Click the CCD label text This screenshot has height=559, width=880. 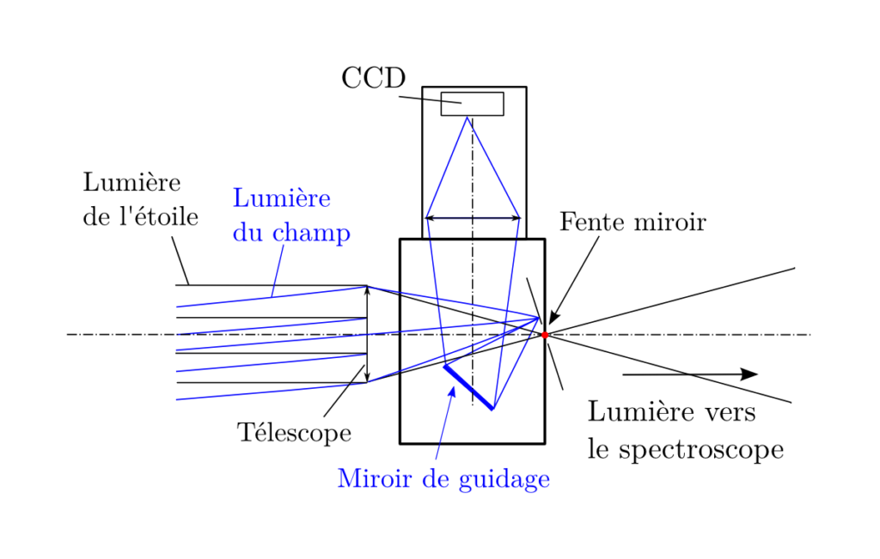pos(373,78)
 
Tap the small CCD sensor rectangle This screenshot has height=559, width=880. pos(472,103)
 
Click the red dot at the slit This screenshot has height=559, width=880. pos(544,335)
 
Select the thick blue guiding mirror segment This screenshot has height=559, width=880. pos(468,387)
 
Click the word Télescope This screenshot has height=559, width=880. pos(295,433)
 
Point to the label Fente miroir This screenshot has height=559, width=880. pos(632,222)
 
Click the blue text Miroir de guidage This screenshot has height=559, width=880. pos(443,478)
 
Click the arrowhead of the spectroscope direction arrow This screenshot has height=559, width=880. pos(749,374)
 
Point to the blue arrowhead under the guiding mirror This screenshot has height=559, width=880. pos(452,393)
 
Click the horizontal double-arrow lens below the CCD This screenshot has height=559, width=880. pos(473,218)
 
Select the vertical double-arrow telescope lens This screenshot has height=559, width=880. pos(367,334)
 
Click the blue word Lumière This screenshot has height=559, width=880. pos(281,198)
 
